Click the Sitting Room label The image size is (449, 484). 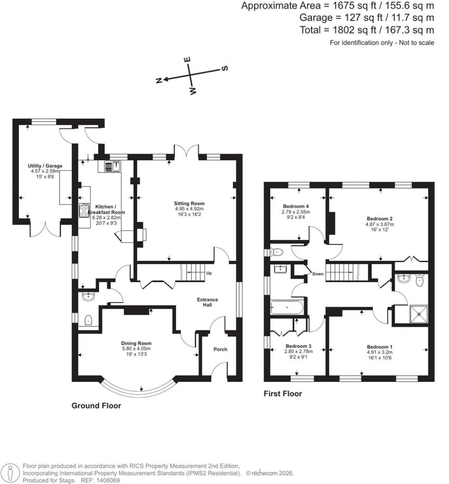[x=189, y=203]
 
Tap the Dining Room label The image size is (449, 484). [x=136, y=343]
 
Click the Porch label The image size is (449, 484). [x=220, y=349]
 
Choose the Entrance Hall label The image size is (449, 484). [x=207, y=302]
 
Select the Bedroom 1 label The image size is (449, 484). [x=378, y=346]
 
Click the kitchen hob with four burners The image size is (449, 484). [x=84, y=211]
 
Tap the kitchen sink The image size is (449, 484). [x=112, y=166]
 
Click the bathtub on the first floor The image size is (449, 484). [x=287, y=307]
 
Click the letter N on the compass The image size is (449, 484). [x=160, y=80]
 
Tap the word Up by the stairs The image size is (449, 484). [x=209, y=274]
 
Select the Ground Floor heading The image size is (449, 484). [x=96, y=406]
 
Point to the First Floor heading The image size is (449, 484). [x=282, y=394]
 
